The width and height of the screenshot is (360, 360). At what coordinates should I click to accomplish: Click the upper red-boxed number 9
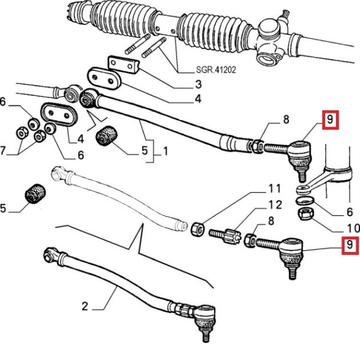[331, 121]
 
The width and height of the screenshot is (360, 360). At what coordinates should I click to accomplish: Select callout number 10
[353, 229]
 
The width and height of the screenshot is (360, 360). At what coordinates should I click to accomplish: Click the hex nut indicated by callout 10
[303, 213]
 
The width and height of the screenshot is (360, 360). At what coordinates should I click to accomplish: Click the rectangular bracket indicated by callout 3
[122, 64]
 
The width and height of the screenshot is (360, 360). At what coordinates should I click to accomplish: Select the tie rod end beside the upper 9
[298, 154]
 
